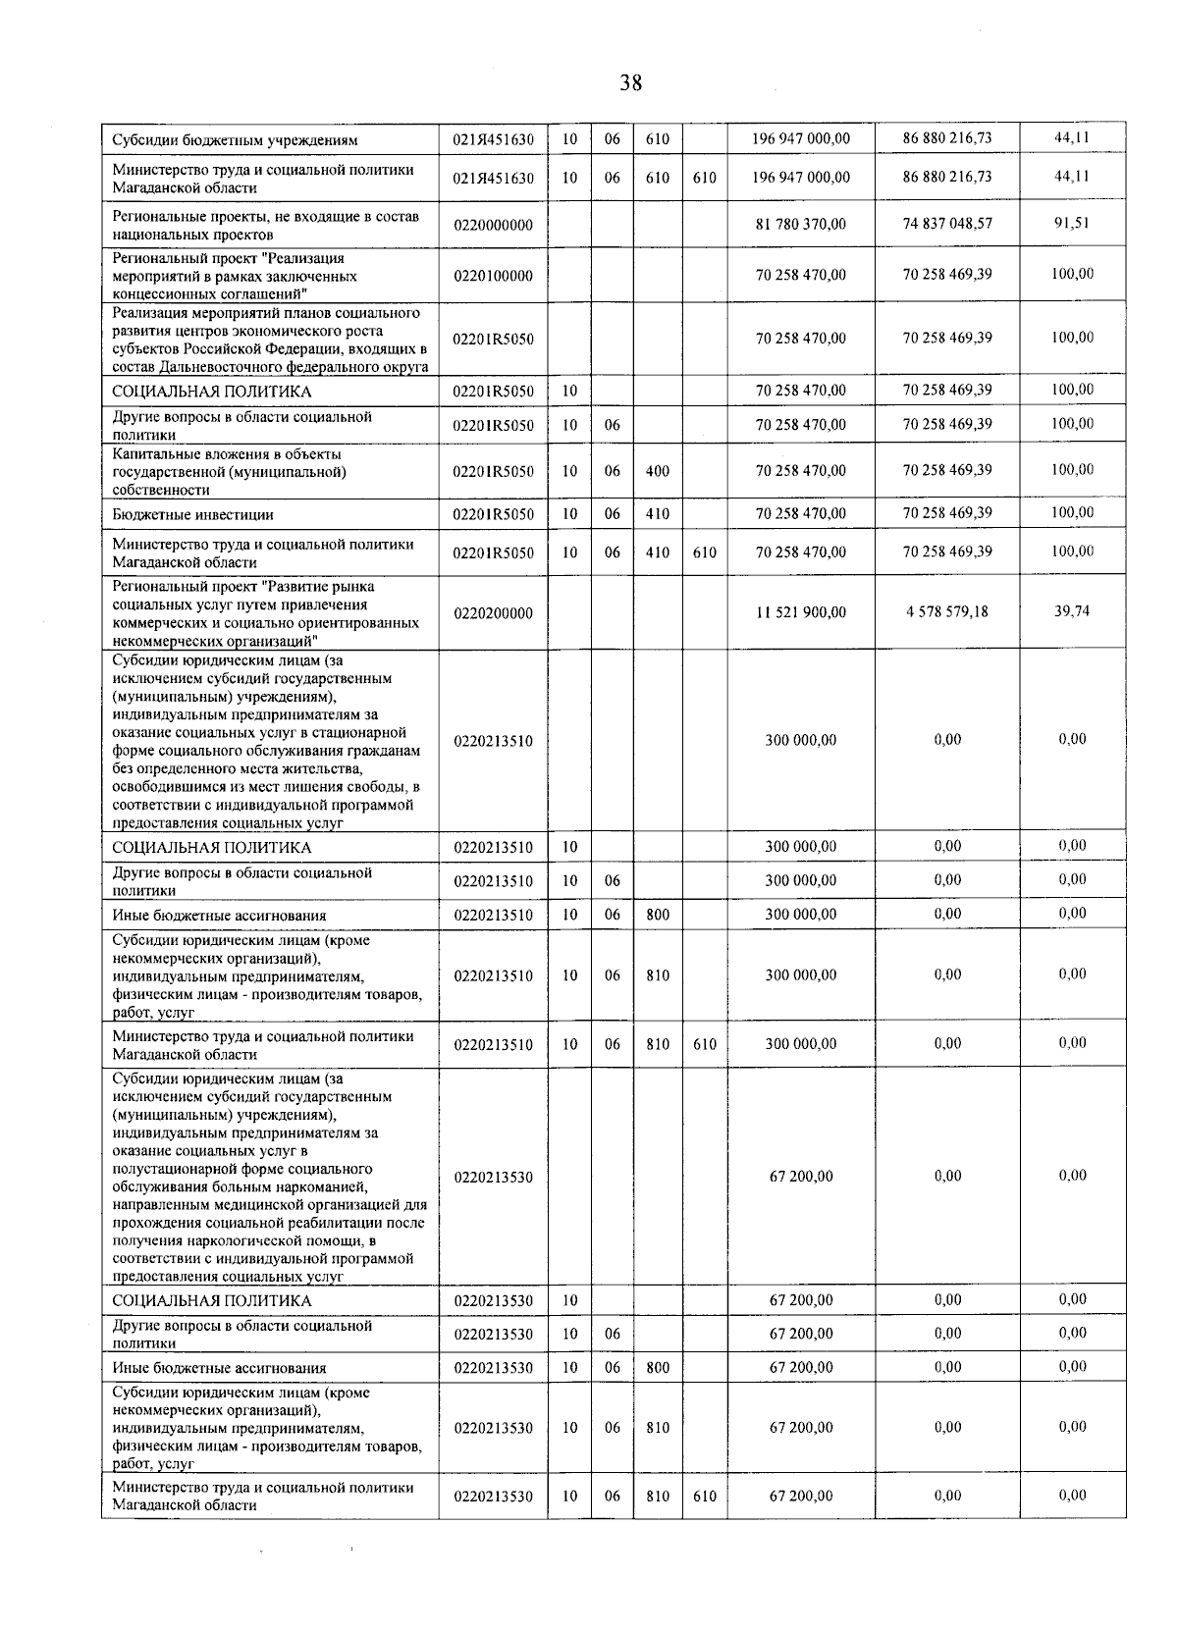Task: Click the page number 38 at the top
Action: (630, 83)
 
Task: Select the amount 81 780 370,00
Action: (800, 225)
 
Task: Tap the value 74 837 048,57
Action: (947, 224)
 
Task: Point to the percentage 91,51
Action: (1072, 223)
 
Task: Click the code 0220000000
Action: (493, 226)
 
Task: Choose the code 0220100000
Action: (493, 276)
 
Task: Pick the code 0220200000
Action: (493, 613)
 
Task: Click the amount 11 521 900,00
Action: (800, 612)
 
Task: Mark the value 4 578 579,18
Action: (947, 611)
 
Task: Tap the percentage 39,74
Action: (1072, 610)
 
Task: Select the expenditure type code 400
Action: (658, 471)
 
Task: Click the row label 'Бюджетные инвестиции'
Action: (192, 514)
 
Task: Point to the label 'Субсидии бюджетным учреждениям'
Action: (235, 140)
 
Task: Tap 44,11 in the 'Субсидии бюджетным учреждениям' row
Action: (1072, 138)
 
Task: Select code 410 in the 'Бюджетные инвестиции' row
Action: (658, 513)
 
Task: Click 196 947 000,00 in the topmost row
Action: (800, 139)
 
